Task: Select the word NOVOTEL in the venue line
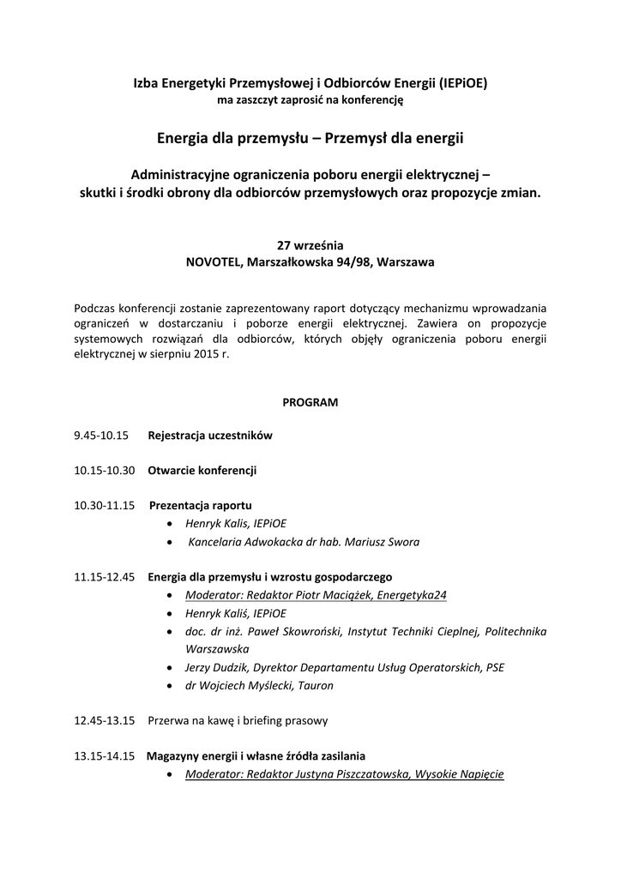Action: [x=214, y=262]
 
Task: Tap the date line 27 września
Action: [x=310, y=244]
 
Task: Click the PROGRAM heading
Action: [x=310, y=401]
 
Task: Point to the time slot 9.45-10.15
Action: [x=101, y=436]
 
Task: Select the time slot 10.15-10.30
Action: [x=105, y=471]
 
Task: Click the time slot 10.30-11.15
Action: [x=105, y=506]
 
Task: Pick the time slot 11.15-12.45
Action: [x=105, y=576]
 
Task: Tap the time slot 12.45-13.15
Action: [x=105, y=721]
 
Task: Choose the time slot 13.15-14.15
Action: [x=105, y=756]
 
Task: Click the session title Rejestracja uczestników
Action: [x=210, y=436]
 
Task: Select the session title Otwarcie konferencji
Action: [x=202, y=471]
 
